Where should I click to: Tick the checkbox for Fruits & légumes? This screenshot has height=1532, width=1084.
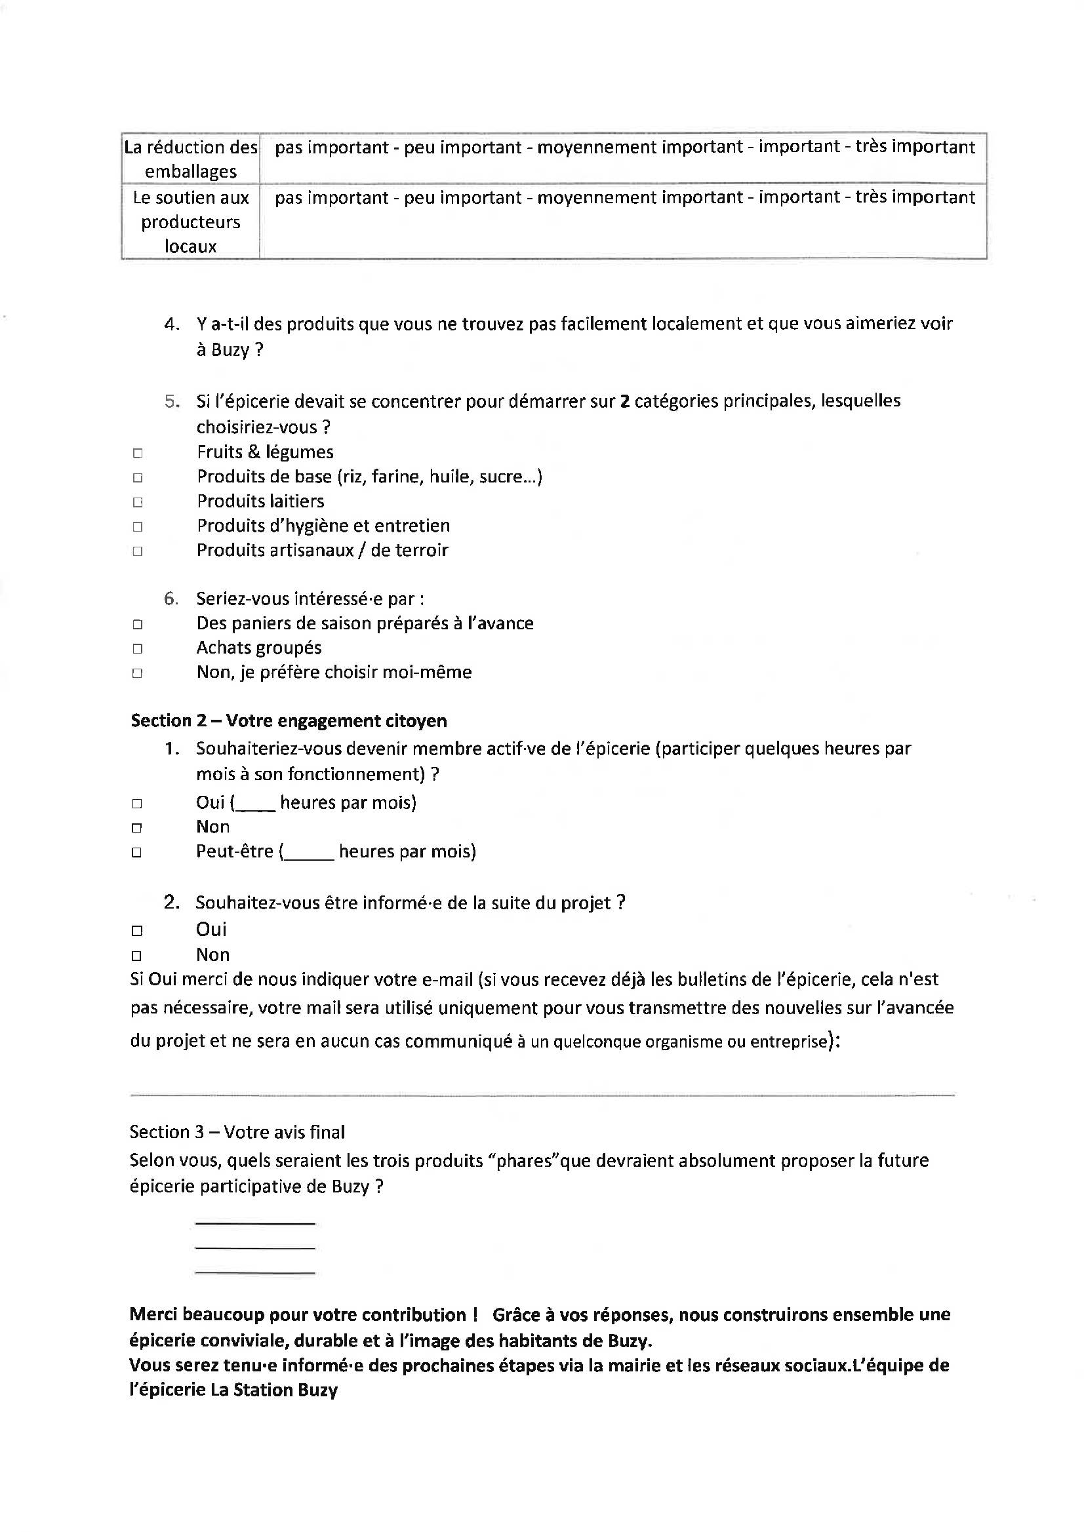[x=138, y=454]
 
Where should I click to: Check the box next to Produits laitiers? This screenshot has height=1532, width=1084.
[x=138, y=502]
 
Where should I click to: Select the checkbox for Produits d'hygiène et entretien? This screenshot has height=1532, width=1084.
[x=138, y=527]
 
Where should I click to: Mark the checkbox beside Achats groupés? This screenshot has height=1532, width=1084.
[x=138, y=648]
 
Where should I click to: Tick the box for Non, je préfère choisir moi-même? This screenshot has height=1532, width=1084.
[x=138, y=673]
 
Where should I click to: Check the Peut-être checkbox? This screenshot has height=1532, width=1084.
[x=137, y=853]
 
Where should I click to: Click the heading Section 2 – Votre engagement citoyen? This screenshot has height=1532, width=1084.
[x=289, y=720]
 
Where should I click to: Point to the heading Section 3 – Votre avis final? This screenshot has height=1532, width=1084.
[x=237, y=1131]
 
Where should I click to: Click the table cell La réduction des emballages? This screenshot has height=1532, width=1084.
[x=191, y=159]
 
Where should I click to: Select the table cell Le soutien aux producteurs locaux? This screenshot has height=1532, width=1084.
[x=191, y=222]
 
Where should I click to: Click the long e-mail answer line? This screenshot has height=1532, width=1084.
[x=542, y=1095]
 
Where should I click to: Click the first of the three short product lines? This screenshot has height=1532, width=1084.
[x=254, y=1223]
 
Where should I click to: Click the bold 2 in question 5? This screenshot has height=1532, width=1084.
[x=625, y=401]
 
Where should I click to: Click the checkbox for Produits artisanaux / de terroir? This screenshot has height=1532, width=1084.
[x=138, y=552]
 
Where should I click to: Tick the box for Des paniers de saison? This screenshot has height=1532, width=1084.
[x=138, y=625]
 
